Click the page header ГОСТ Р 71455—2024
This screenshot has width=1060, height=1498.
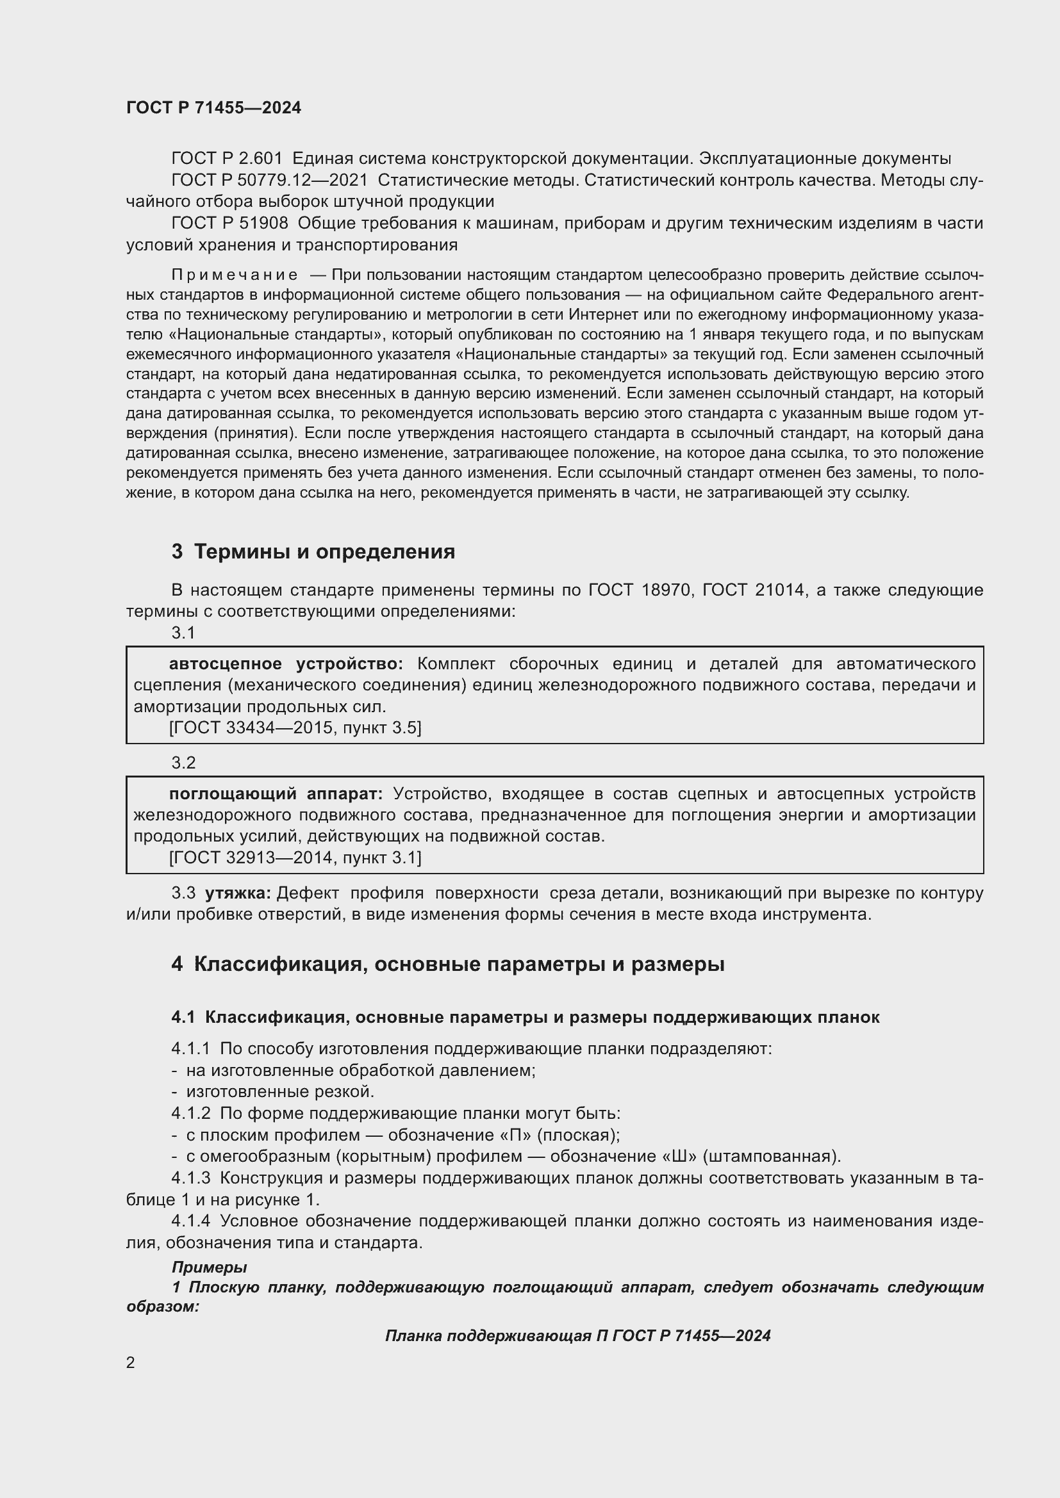[213, 108]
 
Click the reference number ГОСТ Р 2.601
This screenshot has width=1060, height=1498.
[226, 159]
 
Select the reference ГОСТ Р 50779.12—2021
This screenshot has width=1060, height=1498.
[269, 180]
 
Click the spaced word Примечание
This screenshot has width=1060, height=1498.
[235, 275]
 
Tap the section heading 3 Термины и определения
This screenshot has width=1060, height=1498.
[313, 551]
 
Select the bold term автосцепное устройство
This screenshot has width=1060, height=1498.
[286, 664]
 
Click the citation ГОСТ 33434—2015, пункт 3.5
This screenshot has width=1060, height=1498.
[295, 728]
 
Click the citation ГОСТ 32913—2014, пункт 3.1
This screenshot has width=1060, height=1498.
[295, 858]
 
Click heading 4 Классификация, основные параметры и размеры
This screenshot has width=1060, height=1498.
[448, 965]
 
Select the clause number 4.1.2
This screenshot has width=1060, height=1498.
[190, 1113]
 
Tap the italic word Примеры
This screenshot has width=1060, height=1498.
[209, 1267]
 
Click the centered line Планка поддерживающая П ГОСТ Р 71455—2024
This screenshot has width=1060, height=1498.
[577, 1335]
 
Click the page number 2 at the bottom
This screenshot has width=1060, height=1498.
[131, 1362]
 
